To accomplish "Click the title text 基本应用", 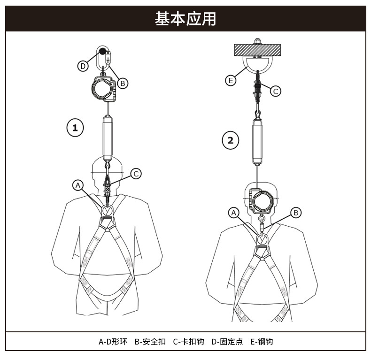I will point(185,19).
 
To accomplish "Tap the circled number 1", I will point(75,127).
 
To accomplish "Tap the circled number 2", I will point(230,139).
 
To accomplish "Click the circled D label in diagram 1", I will point(83,66).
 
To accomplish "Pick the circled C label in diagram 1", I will point(135,174).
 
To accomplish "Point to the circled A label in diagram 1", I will point(78,185).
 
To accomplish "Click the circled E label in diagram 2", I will point(231,81).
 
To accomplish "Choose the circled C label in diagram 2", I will point(276,91).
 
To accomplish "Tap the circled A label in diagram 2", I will point(234,213).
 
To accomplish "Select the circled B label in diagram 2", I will point(296,213).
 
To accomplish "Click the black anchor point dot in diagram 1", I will point(102,52).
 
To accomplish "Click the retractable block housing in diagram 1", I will point(104,88).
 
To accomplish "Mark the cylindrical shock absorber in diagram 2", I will point(258,142).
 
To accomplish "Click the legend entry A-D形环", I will point(113,341).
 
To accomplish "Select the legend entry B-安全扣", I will point(150,341).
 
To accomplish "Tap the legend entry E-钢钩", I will point(262,341).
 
